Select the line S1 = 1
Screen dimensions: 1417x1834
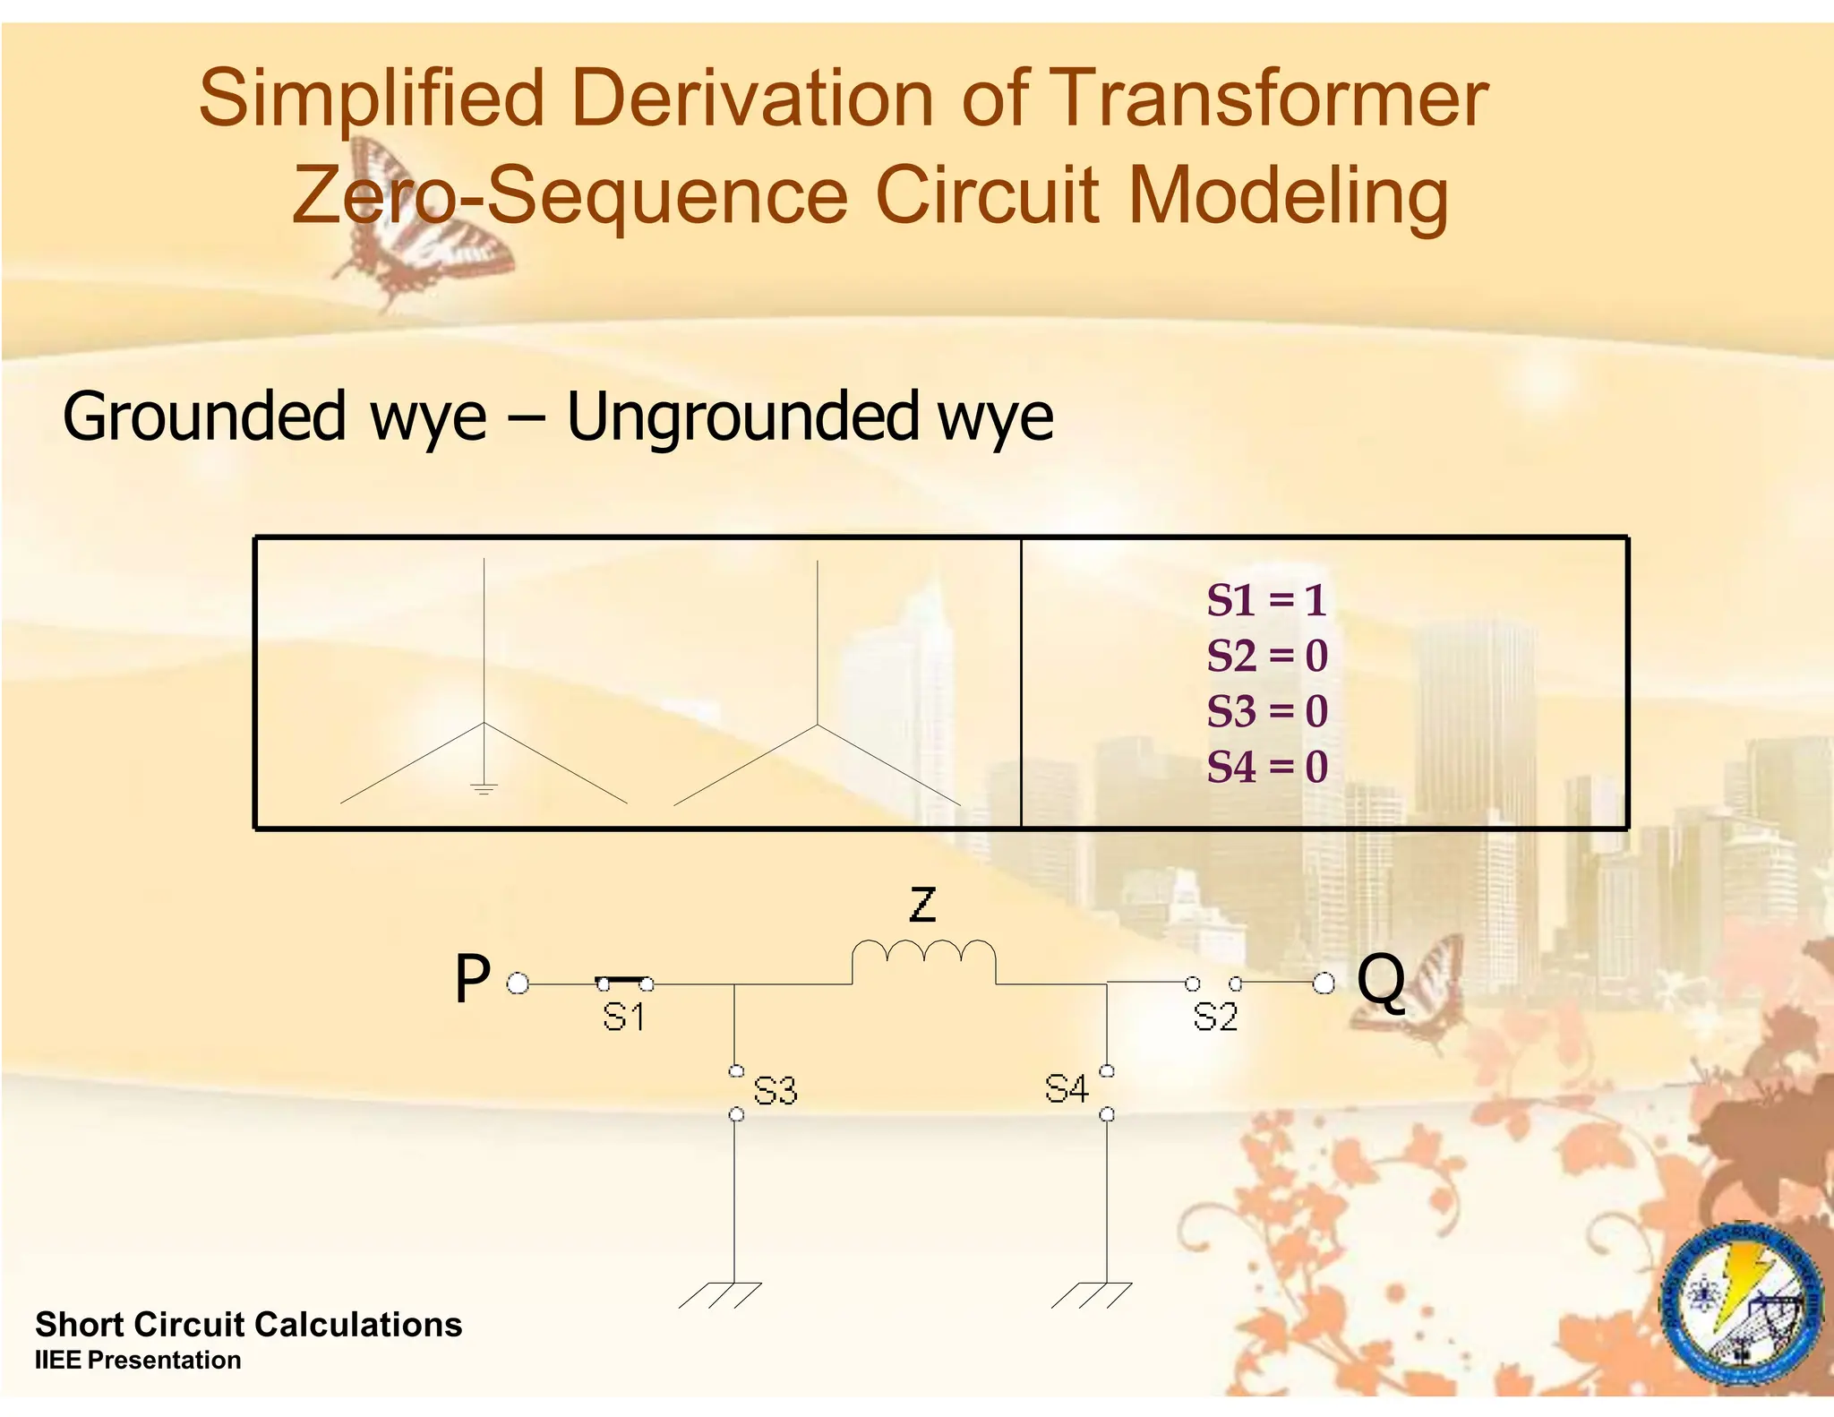(x=1266, y=600)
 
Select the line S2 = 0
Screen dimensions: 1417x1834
(x=1266, y=656)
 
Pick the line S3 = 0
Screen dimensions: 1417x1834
(x=1266, y=711)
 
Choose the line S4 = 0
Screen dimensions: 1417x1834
(x=1266, y=767)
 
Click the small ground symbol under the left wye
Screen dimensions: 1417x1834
(x=484, y=789)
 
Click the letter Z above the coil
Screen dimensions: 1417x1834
(x=922, y=905)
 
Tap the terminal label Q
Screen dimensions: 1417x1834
(x=1381, y=981)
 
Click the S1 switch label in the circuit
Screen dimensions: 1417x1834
(x=623, y=1018)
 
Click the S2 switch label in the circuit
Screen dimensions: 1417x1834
(x=1215, y=1018)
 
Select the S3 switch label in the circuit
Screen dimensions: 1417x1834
(x=775, y=1091)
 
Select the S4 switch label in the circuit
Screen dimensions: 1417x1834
(x=1067, y=1089)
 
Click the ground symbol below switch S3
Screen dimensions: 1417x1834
(x=722, y=1294)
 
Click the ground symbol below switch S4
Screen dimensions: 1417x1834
(x=1093, y=1294)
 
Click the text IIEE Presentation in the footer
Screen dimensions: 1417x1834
(x=138, y=1360)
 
